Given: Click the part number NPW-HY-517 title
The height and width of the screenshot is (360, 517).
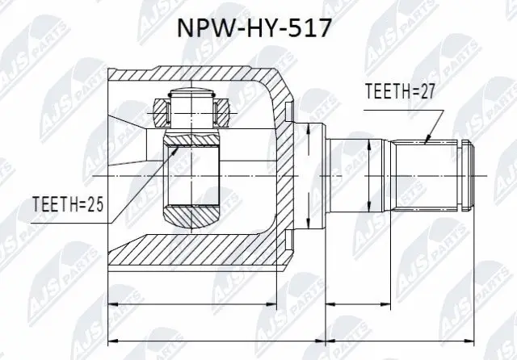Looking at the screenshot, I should pyautogui.click(x=258, y=31).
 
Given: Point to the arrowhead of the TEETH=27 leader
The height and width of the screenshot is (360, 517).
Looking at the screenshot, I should pyautogui.click(x=426, y=143).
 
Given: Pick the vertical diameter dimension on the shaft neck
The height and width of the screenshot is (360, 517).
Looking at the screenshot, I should pyautogui.click(x=368, y=175).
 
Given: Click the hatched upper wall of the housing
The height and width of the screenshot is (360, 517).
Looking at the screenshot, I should pyautogui.click(x=194, y=77).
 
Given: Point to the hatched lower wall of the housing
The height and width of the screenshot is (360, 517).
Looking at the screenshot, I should pyautogui.click(x=194, y=256).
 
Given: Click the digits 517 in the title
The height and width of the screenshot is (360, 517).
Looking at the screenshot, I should pyautogui.click(x=309, y=31).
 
